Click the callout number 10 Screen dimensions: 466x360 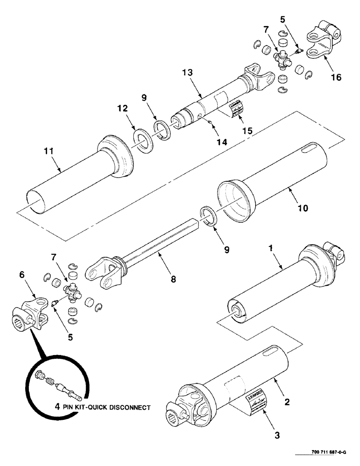pos(303,208)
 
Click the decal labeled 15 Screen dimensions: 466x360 pos(235,109)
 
